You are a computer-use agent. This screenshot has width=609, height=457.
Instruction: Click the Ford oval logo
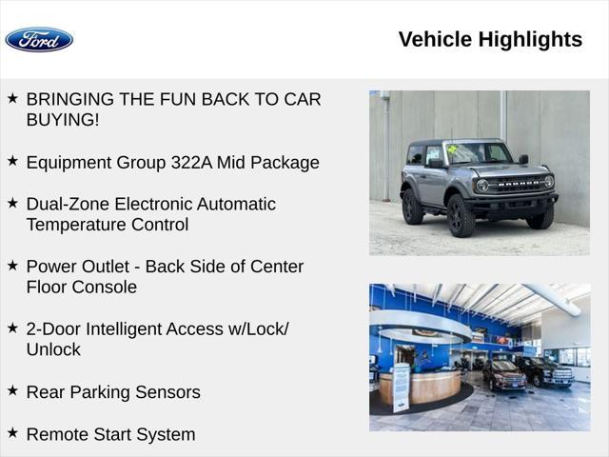[x=39, y=40]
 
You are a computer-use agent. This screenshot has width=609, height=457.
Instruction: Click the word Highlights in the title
[x=530, y=40]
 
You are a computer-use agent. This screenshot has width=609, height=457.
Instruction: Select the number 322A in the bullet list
[x=191, y=163]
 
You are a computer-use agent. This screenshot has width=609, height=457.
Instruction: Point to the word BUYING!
[x=63, y=120]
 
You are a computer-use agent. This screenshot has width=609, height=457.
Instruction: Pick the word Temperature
[x=76, y=225]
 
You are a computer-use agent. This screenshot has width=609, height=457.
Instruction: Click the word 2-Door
[x=53, y=329]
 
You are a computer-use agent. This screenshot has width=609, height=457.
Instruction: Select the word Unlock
[x=53, y=349]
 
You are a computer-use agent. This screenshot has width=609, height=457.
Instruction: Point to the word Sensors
[x=167, y=392]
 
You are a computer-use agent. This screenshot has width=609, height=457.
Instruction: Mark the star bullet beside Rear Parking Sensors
[x=12, y=390]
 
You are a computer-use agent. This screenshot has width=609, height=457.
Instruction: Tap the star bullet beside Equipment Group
[x=12, y=161]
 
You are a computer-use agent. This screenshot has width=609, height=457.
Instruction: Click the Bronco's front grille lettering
[x=518, y=183]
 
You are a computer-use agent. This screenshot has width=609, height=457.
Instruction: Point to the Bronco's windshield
[x=479, y=153]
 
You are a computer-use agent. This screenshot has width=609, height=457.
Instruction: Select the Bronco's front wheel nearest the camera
[x=461, y=215]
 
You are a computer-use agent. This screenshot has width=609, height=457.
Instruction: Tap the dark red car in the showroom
[x=504, y=374]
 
